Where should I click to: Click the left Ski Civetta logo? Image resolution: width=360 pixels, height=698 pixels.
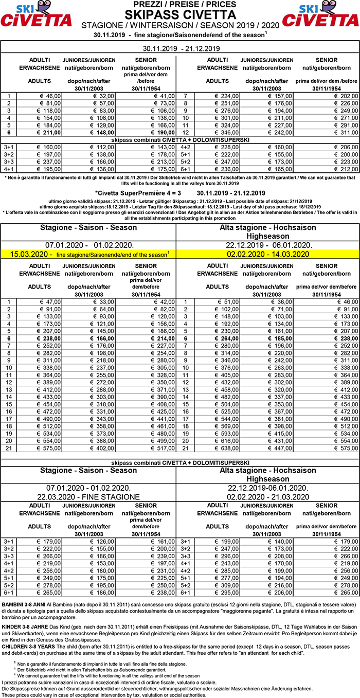[x=36, y=15]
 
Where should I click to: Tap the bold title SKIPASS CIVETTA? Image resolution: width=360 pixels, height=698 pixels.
[x=180, y=14]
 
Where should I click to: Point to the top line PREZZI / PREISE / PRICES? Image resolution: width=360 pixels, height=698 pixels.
[x=180, y=4]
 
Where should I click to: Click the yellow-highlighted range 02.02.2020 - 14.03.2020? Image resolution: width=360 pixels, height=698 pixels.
[x=267, y=254]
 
